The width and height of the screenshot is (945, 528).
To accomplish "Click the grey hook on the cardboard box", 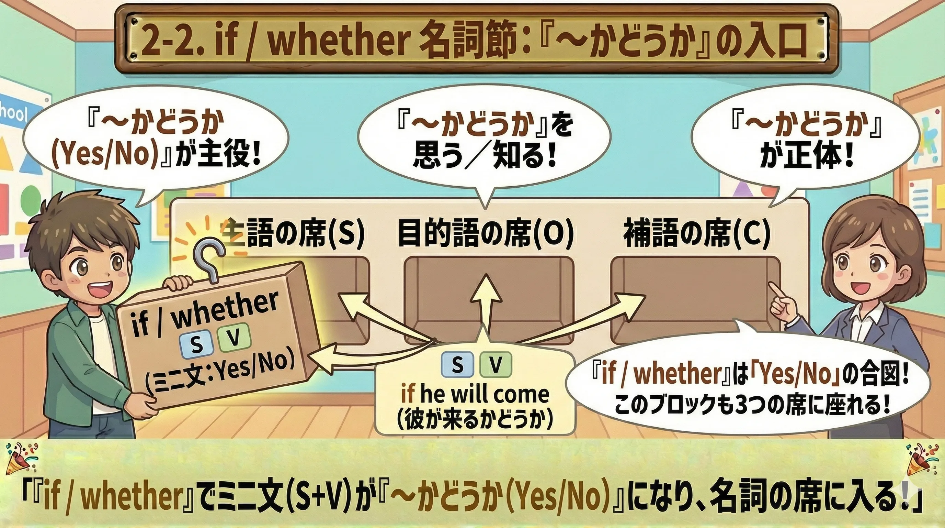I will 209,257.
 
